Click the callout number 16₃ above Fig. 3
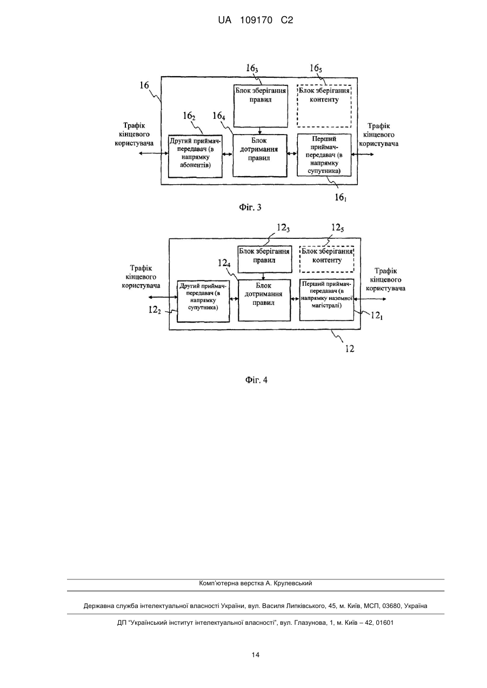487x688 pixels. (x=252, y=69)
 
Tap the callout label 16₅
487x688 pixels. (x=316, y=68)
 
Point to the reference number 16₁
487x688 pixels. (x=341, y=197)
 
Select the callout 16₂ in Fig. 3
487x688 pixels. (x=189, y=116)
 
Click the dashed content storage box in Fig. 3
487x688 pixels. (x=324, y=106)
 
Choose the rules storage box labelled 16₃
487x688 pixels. (x=261, y=106)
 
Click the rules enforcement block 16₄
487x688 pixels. (x=259, y=156)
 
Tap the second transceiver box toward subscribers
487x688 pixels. (x=196, y=156)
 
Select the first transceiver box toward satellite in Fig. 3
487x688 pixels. (x=324, y=155)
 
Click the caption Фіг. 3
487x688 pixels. (x=250, y=208)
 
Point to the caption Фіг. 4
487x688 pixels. (x=256, y=380)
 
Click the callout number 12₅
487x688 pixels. (x=337, y=228)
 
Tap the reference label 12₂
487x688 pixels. (x=155, y=310)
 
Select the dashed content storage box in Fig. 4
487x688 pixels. (x=326, y=259)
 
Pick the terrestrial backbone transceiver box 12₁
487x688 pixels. (x=326, y=300)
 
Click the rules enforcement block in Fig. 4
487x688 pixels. (x=264, y=300)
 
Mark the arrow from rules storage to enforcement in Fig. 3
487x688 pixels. (x=260, y=131)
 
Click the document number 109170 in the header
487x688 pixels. (x=256, y=21)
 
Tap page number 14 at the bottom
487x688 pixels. (x=256, y=655)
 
